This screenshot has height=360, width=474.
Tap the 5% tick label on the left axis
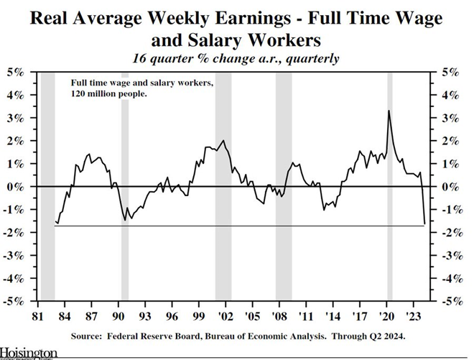click(x=15, y=72)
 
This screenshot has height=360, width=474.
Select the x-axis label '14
click(x=332, y=315)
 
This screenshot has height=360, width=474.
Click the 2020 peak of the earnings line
click(x=389, y=111)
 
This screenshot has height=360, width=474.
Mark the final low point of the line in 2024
click(x=424, y=224)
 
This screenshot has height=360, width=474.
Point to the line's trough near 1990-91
click(x=126, y=219)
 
